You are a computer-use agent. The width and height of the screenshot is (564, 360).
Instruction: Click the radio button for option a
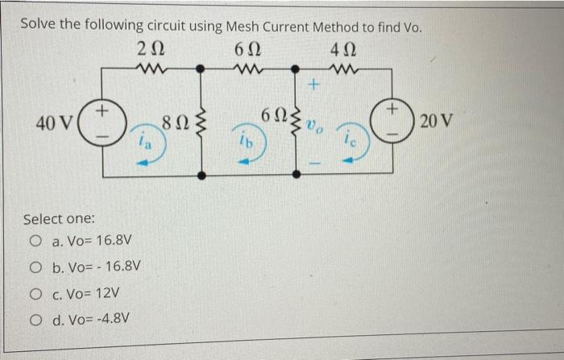click(x=35, y=241)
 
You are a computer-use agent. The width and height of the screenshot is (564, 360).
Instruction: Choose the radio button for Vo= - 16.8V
click(x=35, y=267)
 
